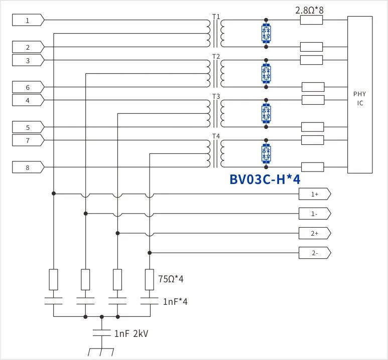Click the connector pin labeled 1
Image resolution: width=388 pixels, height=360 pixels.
click(28, 20)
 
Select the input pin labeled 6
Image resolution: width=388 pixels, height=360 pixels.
click(28, 87)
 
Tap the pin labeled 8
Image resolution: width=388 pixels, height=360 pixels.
click(28, 167)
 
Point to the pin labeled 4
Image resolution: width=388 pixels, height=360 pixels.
click(28, 100)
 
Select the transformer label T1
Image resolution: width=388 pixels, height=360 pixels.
click(216, 17)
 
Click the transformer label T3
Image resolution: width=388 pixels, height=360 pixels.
click(216, 96)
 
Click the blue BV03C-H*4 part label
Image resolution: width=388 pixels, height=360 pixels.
click(265, 179)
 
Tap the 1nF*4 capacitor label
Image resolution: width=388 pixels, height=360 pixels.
click(175, 302)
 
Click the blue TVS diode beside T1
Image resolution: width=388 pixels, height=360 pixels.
click(266, 34)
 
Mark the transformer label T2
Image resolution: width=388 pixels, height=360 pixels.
click(216, 56)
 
